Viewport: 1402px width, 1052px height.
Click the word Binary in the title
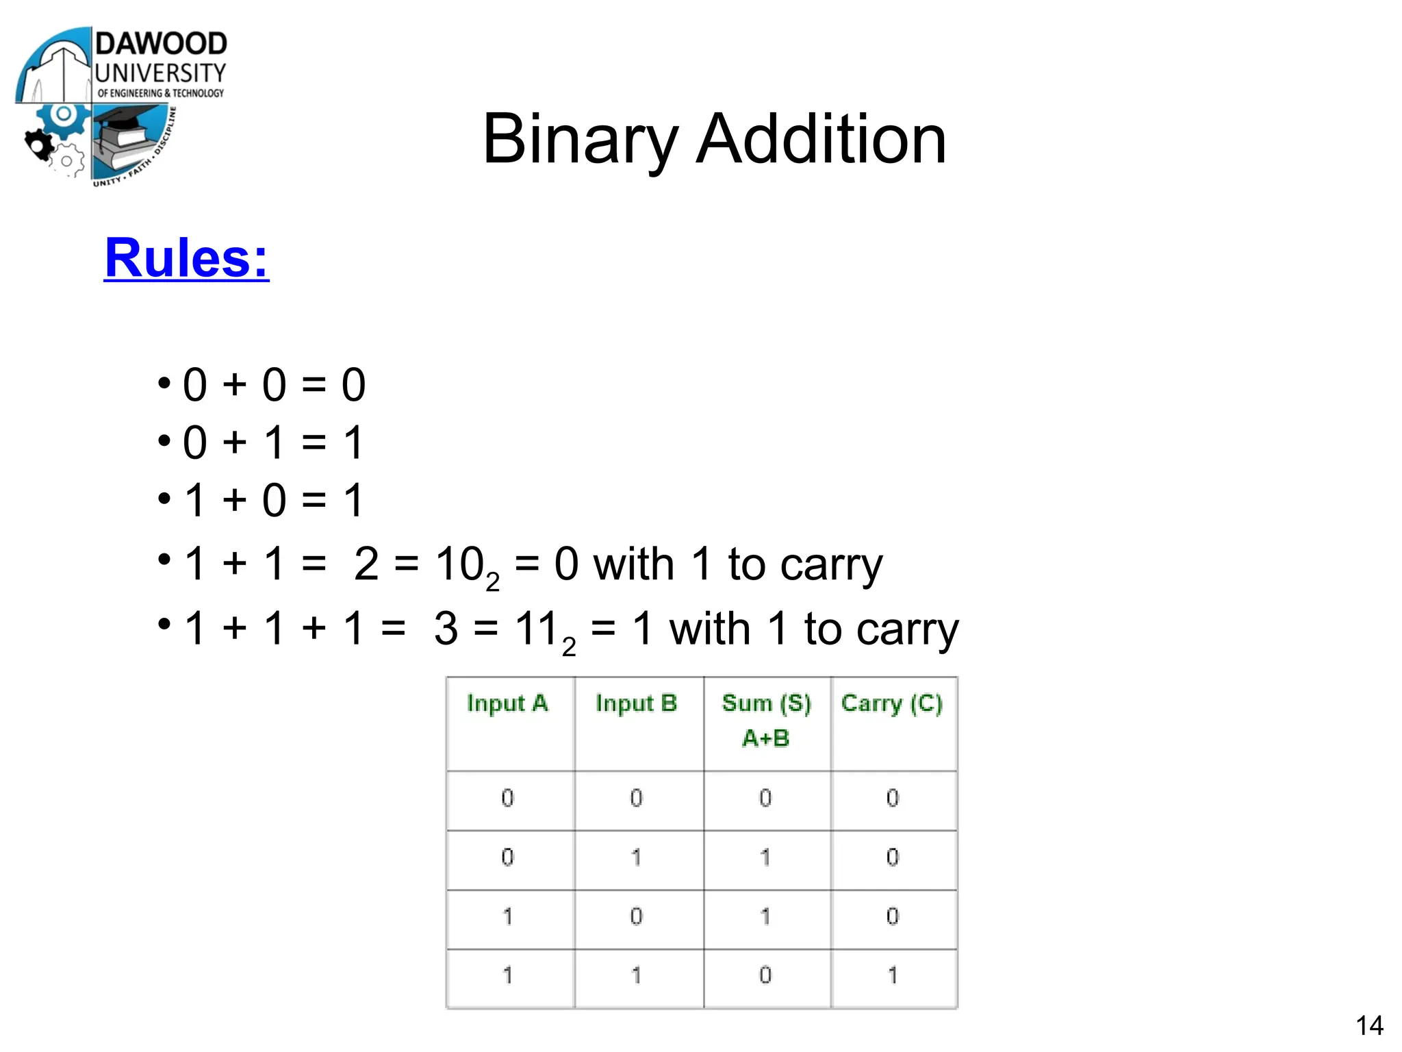(581, 140)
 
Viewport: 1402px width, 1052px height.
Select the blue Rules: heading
(186, 258)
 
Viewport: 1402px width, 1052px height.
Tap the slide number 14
(1369, 1025)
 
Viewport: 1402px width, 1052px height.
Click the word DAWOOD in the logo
(161, 44)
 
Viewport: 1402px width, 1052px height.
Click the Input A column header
(507, 703)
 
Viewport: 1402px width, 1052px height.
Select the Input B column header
(636, 703)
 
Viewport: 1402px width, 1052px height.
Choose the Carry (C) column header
(891, 703)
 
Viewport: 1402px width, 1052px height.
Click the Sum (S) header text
(766, 703)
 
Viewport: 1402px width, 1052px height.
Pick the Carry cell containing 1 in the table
(893, 975)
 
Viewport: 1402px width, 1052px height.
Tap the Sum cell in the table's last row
(765, 975)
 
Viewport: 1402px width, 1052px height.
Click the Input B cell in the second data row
(636, 857)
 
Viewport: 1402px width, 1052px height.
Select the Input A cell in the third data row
(507, 916)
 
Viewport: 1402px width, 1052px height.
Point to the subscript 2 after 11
(569, 647)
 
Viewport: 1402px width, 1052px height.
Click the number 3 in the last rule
(446, 628)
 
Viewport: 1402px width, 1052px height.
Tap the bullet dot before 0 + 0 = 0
(164, 382)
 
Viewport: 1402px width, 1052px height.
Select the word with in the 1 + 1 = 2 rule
(633, 565)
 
